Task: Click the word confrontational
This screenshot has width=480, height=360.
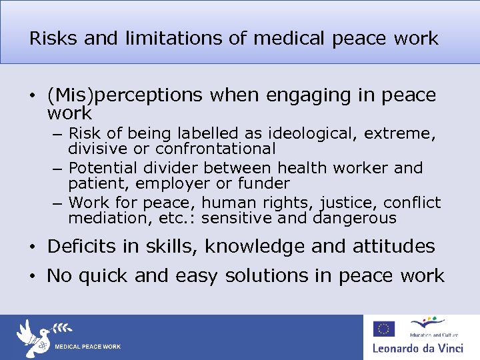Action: (x=215, y=149)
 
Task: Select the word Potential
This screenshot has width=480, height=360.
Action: (x=101, y=167)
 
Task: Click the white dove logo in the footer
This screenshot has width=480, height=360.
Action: (x=33, y=337)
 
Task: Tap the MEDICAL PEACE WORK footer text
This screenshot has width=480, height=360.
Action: (x=87, y=347)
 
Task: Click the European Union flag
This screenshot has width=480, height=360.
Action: (x=383, y=329)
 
